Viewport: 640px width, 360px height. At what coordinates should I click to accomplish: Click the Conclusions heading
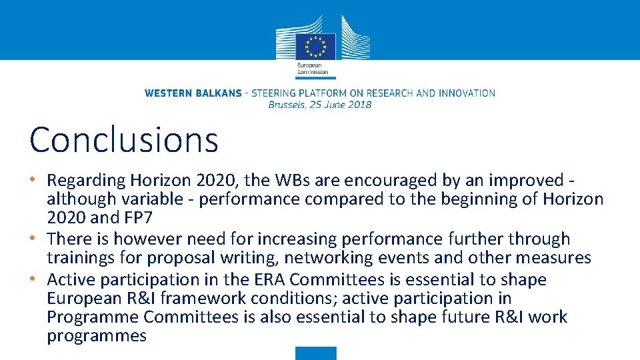click(x=124, y=140)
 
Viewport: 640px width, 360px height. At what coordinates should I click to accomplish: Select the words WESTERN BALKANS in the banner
click(x=193, y=93)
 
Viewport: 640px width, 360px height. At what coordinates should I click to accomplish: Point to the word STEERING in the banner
click(x=279, y=93)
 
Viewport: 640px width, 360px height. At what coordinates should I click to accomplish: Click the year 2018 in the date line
click(x=359, y=104)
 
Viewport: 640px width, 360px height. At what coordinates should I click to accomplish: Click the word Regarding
click(x=86, y=181)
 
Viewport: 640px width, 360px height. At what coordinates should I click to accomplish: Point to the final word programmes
click(x=96, y=335)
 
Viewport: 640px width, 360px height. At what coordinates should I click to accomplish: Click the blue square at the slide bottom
click(x=316, y=353)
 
